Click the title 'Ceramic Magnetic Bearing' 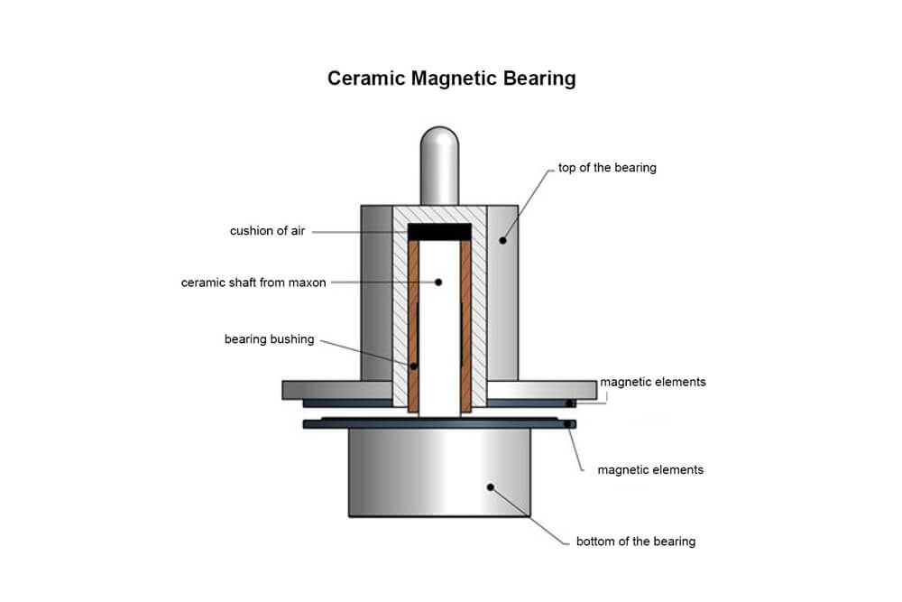pos(451,79)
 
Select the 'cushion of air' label pos(267,231)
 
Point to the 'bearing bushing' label pos(269,339)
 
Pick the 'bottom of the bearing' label pos(636,542)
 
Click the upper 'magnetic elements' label pos(653,382)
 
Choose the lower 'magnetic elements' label pos(650,469)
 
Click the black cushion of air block pos(440,232)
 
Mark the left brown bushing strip pos(414,325)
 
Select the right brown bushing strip pos(466,325)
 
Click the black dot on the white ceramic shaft pos(439,282)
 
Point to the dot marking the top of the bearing pos(503,240)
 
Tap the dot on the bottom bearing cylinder pos(491,487)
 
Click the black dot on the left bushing pos(414,366)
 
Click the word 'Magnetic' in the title pos(450,79)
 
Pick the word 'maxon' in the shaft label pos(308,282)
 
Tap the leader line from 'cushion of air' pos(361,232)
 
